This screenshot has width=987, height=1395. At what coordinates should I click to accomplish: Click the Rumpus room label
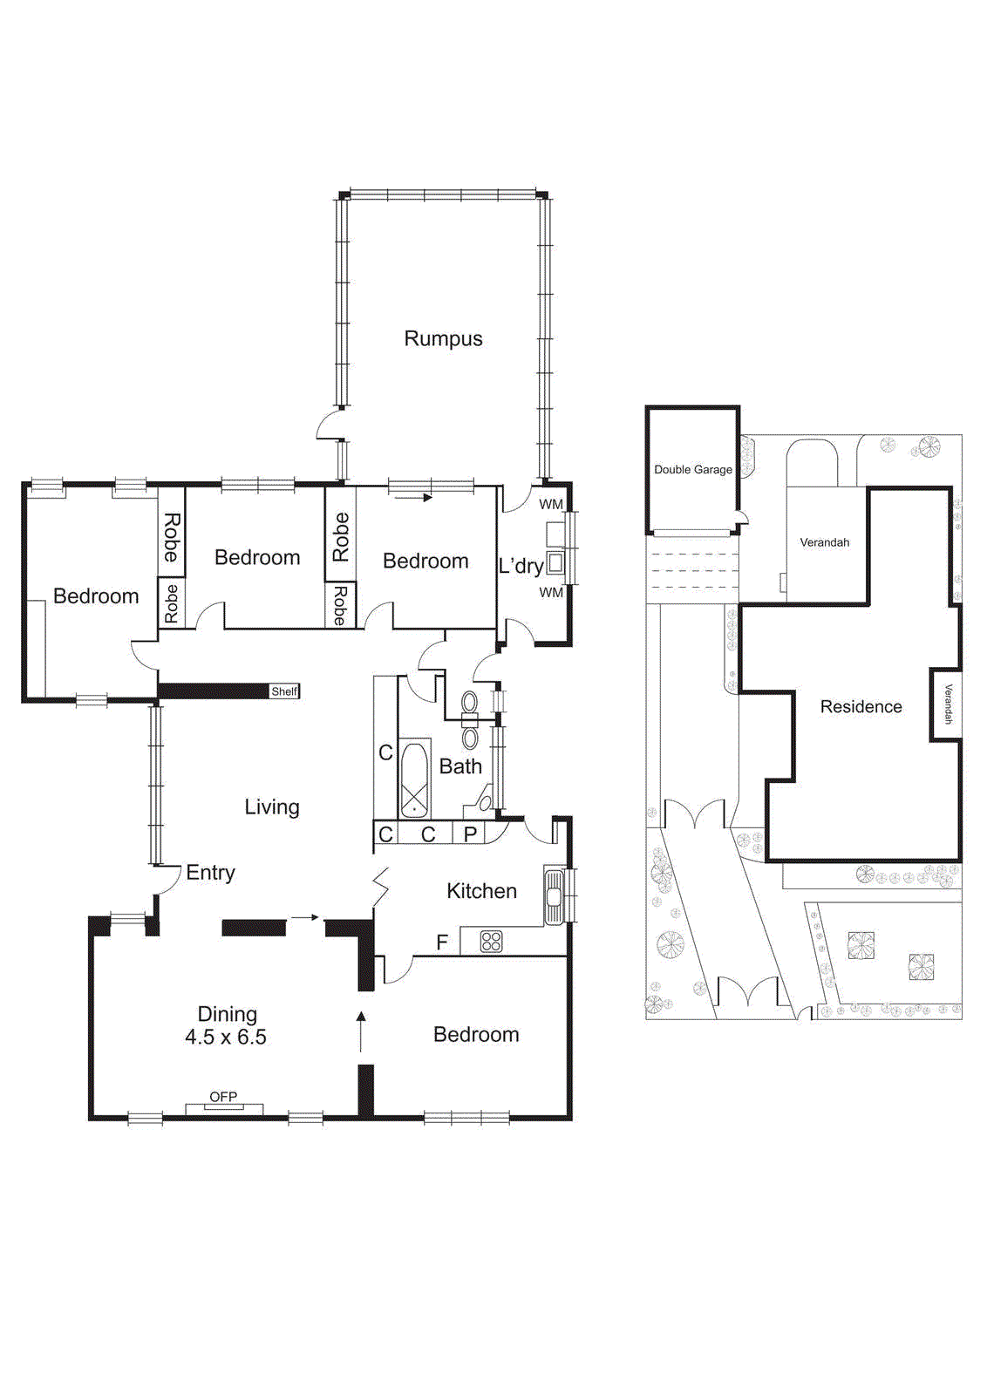(443, 338)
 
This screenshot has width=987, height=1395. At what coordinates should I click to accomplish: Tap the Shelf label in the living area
(284, 691)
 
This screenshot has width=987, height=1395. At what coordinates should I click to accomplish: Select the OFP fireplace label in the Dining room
(223, 1097)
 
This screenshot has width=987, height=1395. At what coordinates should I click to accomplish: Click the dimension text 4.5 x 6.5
(226, 1038)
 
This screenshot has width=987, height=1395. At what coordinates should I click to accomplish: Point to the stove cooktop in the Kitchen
(492, 942)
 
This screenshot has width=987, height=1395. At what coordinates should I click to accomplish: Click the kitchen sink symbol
(554, 895)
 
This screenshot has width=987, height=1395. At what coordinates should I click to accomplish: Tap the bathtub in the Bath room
(415, 779)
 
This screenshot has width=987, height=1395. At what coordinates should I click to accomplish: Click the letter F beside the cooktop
(442, 942)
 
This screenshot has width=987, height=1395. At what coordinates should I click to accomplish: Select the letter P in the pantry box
(470, 834)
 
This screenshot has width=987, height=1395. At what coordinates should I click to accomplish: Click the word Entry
(210, 873)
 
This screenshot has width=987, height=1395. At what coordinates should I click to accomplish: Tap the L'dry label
(521, 566)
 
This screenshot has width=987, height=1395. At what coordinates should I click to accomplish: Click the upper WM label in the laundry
(551, 504)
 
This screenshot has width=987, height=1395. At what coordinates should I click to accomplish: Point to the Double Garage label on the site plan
(693, 469)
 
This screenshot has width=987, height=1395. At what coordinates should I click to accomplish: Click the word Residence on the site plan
(861, 707)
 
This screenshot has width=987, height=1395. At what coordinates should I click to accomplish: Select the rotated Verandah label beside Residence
(948, 704)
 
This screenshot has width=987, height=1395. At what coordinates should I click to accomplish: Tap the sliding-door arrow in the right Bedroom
(413, 498)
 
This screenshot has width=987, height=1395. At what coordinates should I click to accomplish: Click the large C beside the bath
(385, 752)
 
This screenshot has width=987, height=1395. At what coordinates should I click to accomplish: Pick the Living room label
(271, 807)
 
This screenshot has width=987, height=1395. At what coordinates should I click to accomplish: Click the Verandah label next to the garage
(824, 542)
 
